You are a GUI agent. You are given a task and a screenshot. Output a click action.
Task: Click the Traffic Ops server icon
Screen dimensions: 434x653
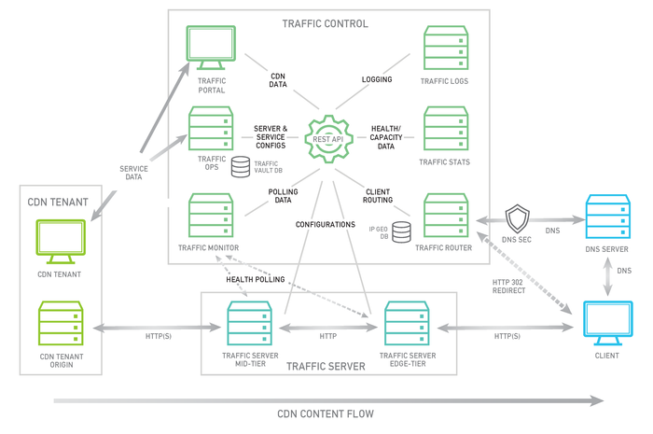click(209, 129)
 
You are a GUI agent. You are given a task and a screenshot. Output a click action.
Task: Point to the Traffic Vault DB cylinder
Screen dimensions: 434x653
click(242, 167)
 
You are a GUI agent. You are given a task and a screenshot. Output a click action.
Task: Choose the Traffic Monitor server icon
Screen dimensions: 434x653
click(209, 216)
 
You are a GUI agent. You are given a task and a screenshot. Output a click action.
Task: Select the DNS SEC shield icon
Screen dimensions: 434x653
click(517, 220)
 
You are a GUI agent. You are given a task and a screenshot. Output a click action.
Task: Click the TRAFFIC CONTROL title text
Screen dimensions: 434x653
click(325, 23)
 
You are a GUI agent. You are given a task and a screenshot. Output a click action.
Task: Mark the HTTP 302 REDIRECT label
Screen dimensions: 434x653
click(510, 286)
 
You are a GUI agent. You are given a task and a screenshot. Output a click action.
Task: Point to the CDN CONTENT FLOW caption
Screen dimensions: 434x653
click(325, 414)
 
